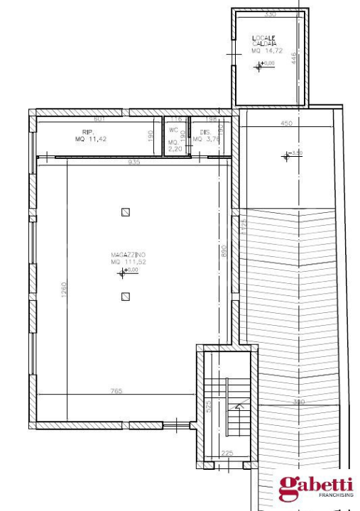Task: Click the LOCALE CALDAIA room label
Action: [x=263, y=40]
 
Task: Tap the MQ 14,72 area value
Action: [x=263, y=51]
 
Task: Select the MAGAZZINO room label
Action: [x=128, y=254]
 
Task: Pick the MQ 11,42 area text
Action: [x=89, y=139]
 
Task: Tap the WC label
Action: [x=173, y=131]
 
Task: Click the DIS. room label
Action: [x=205, y=132]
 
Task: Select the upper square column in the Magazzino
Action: [x=126, y=211]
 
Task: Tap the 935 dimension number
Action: [x=134, y=162]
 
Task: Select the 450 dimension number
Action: [x=286, y=123]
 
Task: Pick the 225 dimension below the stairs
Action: [x=227, y=454]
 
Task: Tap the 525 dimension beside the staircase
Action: [x=209, y=407]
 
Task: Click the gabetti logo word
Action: [x=315, y=485]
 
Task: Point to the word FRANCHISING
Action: [x=336, y=495]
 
